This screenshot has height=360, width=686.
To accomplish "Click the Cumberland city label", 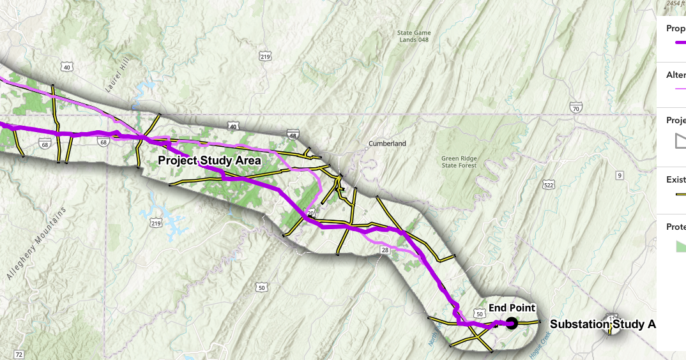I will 387,144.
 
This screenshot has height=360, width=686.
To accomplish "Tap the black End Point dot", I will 511,323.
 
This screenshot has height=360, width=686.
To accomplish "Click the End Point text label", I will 512,308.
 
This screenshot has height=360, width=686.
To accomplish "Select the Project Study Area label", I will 210,160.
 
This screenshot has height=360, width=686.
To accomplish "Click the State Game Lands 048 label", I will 414,36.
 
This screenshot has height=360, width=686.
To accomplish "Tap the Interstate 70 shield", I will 577,109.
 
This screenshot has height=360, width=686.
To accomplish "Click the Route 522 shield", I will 549,185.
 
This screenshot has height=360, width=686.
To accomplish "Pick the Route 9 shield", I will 619,175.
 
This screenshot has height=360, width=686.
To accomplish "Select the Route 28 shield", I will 384,251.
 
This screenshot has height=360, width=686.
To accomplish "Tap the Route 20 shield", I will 311,214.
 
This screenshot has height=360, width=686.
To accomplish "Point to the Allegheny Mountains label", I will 36,243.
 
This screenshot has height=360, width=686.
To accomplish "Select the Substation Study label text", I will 602,324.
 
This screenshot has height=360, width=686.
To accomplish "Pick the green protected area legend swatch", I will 680,246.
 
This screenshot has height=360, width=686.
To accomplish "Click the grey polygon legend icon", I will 680,142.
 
